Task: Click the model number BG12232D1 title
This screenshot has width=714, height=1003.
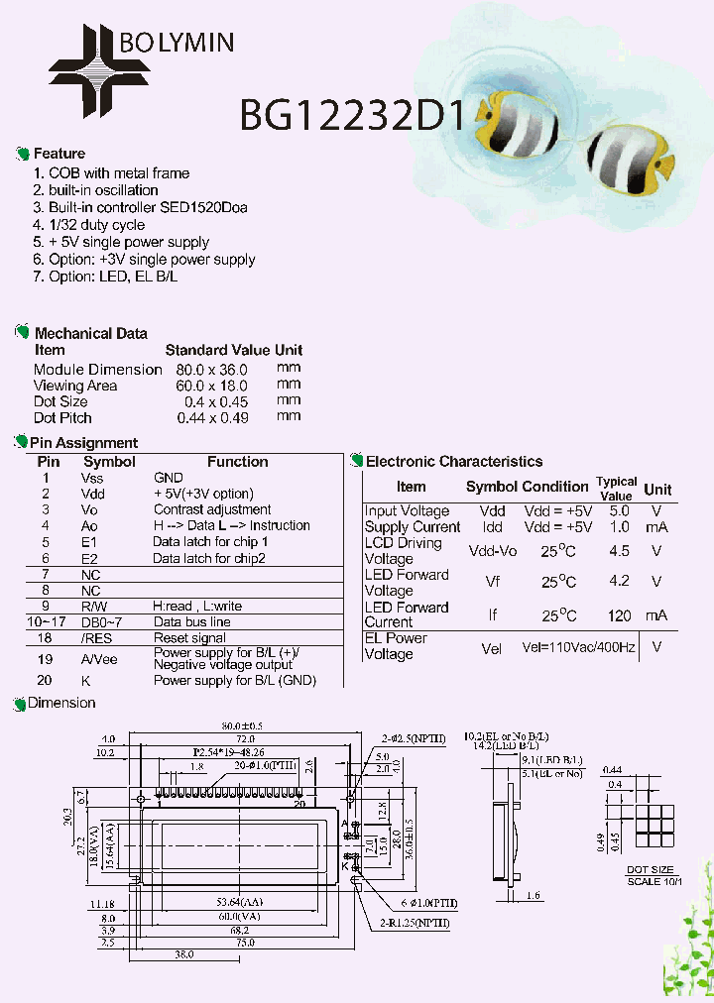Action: click(x=352, y=115)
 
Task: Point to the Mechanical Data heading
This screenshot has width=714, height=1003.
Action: click(x=90, y=333)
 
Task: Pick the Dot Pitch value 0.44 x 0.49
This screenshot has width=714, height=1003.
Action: click(x=212, y=417)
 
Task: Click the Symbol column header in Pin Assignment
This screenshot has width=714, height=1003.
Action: click(x=109, y=461)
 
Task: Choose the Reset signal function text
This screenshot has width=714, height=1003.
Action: click(x=189, y=638)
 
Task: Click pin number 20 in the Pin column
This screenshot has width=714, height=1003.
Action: click(x=45, y=680)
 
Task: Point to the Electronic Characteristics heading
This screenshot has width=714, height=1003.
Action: click(x=454, y=461)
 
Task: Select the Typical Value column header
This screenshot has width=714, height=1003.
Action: click(x=616, y=488)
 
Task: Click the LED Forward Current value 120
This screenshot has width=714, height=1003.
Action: click(x=619, y=615)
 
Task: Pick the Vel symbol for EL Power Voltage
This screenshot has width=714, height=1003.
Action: click(x=492, y=647)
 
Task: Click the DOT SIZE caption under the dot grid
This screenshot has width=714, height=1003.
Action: click(x=650, y=869)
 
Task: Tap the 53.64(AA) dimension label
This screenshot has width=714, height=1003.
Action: click(x=237, y=903)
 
